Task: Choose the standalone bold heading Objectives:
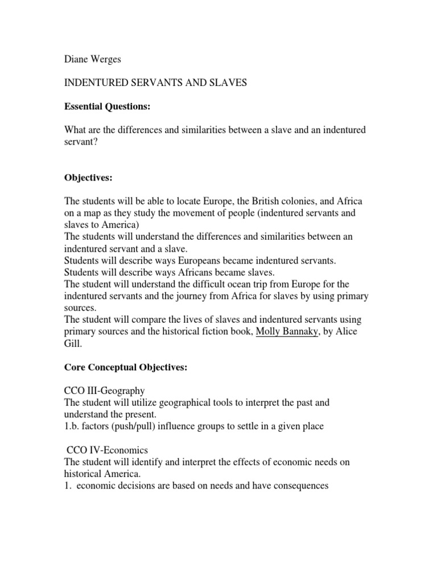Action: coord(88,178)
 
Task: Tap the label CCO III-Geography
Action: coord(104,391)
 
